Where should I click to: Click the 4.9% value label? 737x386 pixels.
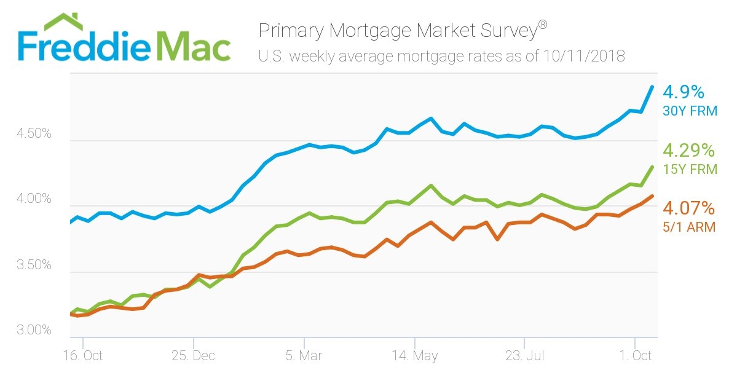pos(684,92)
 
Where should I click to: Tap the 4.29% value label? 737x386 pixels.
pos(689,150)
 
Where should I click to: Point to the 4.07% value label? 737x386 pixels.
pos(689,207)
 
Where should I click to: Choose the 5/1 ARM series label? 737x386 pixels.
pos(689,227)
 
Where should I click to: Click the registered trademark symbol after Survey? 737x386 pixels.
pos(542,25)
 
